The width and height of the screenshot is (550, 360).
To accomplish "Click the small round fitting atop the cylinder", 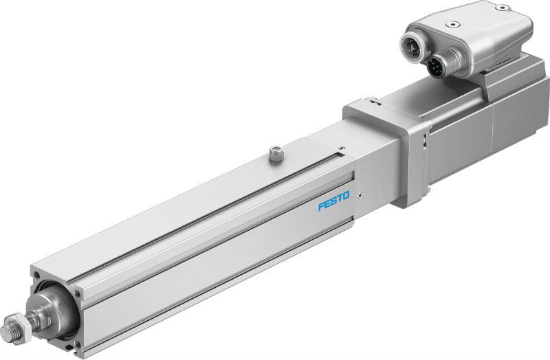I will pyautogui.click(x=276, y=153).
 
